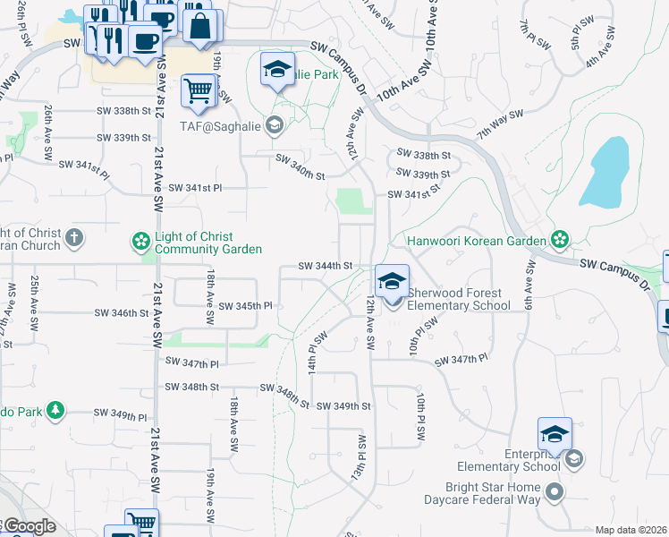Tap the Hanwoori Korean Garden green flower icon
point(559,240)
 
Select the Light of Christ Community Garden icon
point(140,241)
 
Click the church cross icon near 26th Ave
point(74,239)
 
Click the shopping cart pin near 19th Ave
point(199,89)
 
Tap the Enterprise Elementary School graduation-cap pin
point(555,434)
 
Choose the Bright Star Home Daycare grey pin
point(555,491)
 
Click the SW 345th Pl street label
point(245,305)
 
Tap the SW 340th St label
point(300,166)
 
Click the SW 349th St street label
point(343,406)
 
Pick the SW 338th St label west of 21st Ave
point(123,111)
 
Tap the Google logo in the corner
point(30,526)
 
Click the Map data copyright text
point(631,530)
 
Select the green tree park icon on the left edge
point(55,410)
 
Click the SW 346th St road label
point(121,313)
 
